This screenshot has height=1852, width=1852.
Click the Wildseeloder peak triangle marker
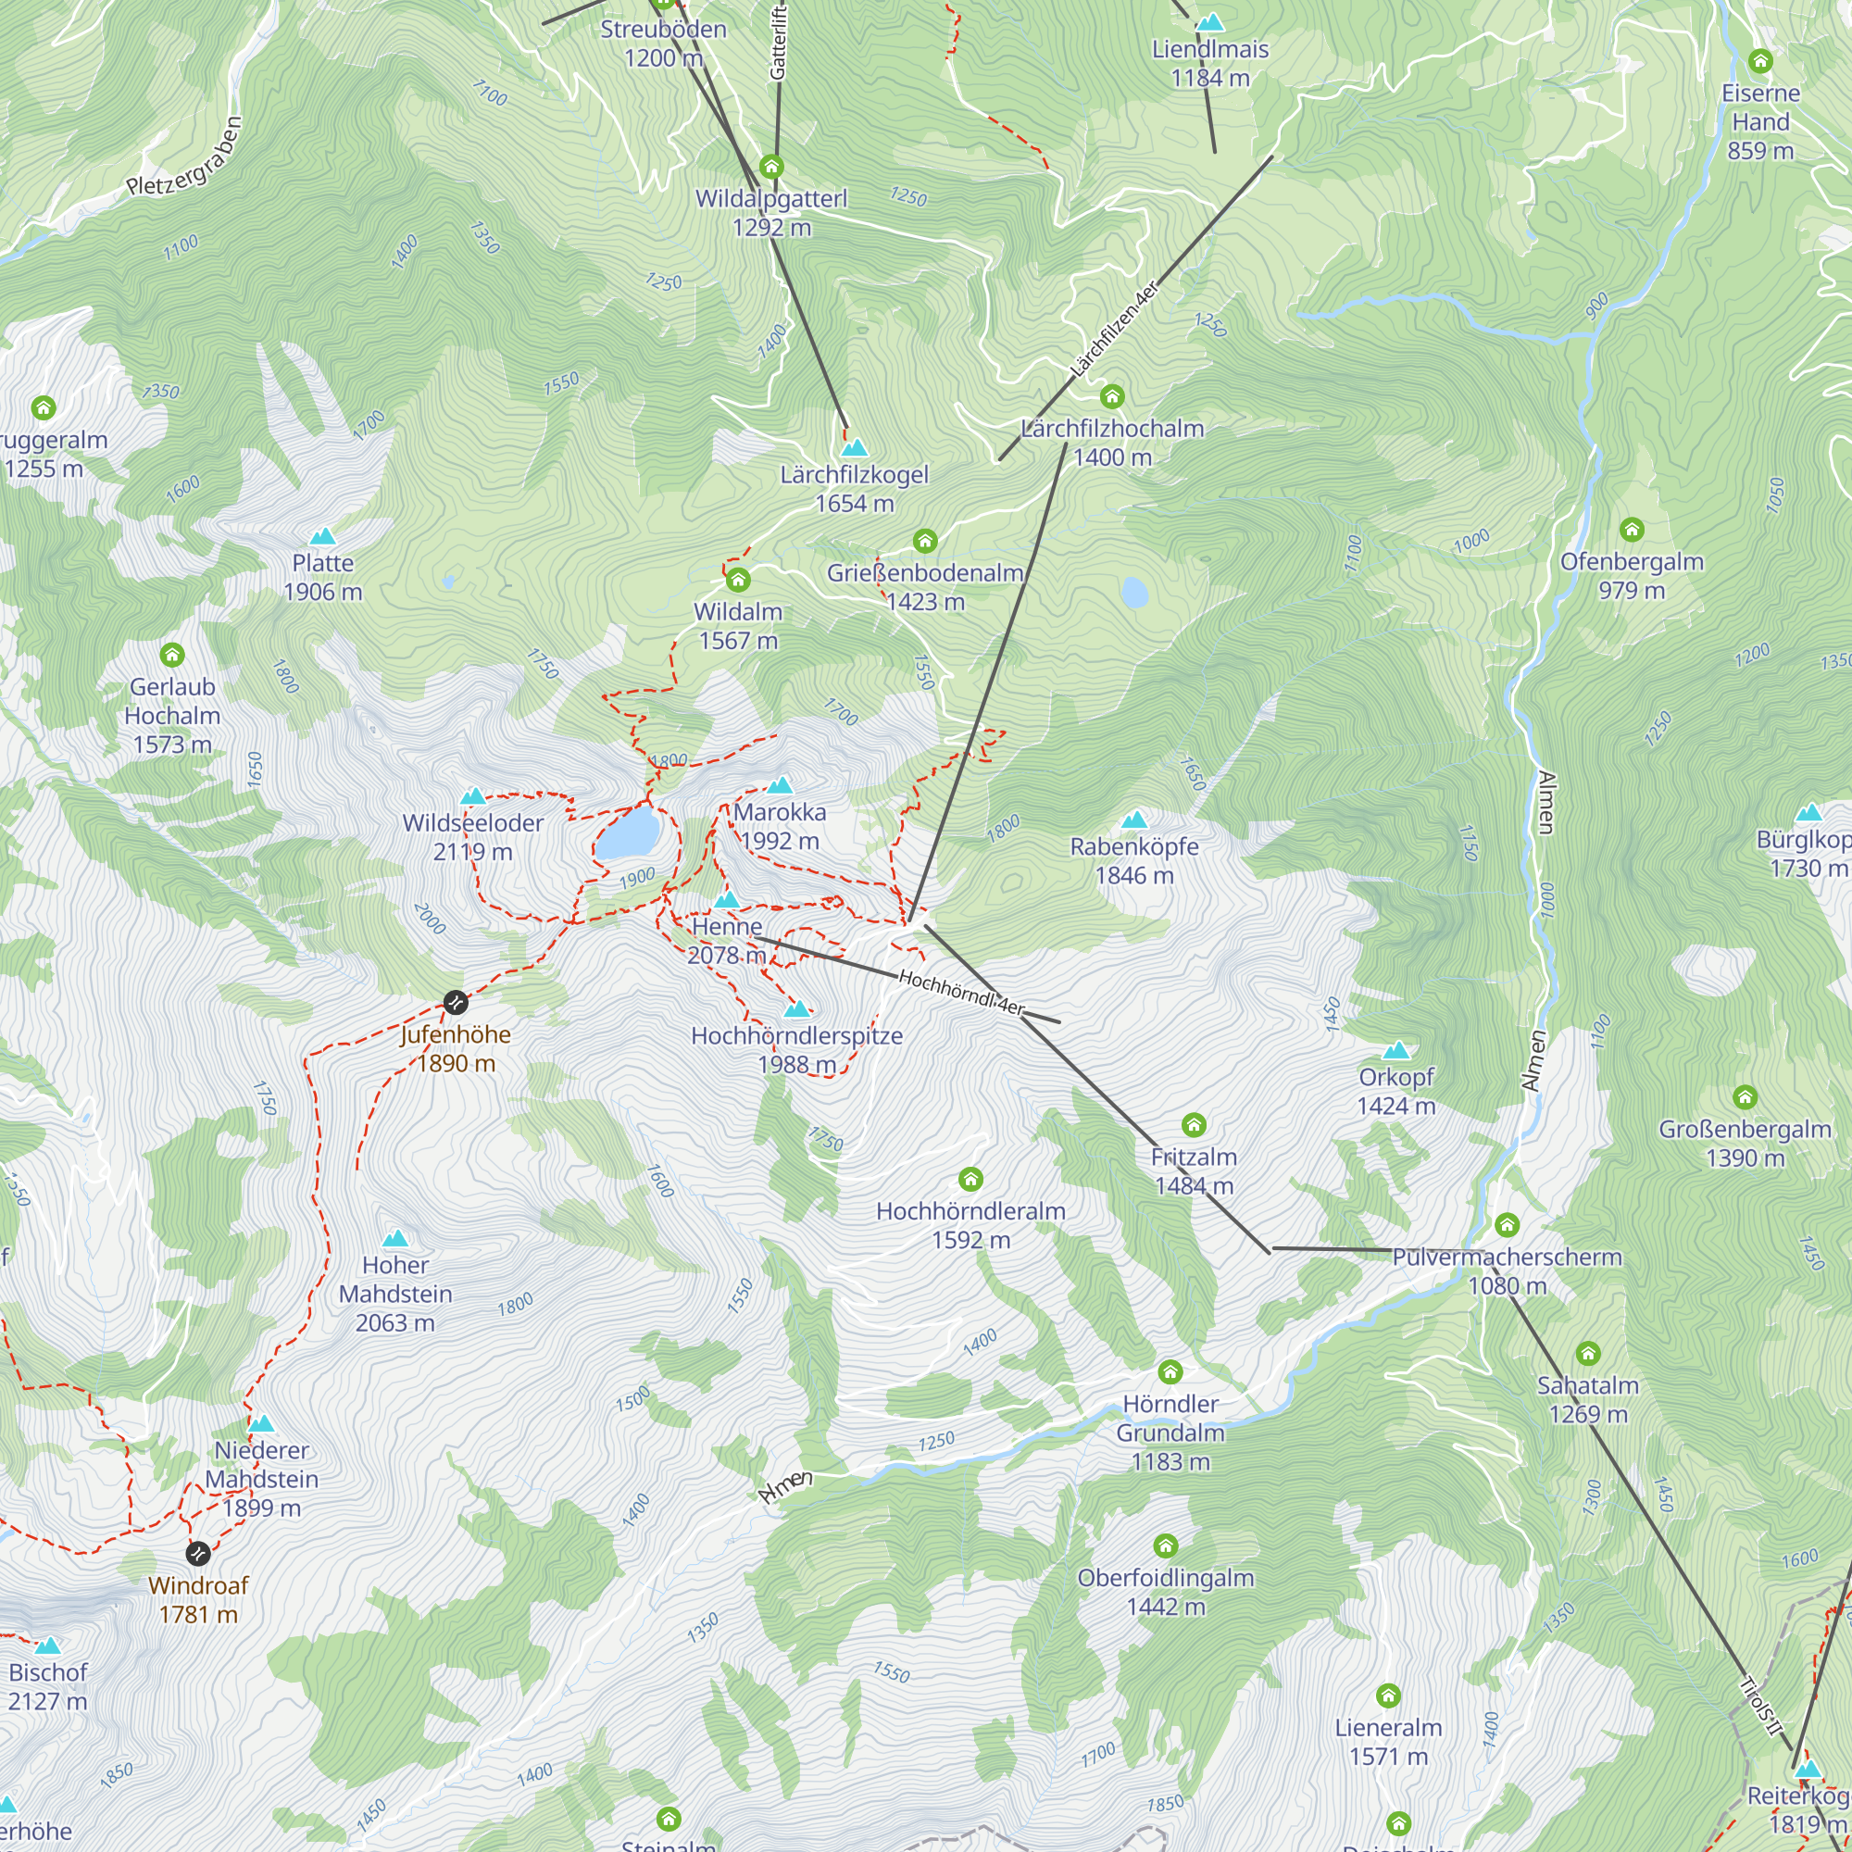(x=472, y=796)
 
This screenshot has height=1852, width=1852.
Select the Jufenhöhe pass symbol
(x=457, y=1003)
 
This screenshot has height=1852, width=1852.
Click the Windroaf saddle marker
(x=197, y=1553)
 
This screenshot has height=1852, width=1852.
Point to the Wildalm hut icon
(x=737, y=580)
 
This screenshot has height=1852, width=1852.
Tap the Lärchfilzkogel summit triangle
(x=854, y=447)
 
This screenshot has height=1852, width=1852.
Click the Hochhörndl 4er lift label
(x=961, y=992)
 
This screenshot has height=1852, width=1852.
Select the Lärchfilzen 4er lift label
(x=1114, y=328)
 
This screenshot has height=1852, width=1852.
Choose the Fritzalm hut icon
(x=1194, y=1124)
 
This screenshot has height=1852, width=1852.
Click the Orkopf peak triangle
(x=1395, y=1051)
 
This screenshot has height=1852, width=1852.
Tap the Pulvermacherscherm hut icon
(x=1507, y=1225)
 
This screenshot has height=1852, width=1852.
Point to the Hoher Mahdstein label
(x=395, y=1295)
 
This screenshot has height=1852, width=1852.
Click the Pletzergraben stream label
(x=185, y=156)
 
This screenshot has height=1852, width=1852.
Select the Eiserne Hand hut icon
(x=1760, y=61)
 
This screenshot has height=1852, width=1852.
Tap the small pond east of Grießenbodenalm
(x=1135, y=593)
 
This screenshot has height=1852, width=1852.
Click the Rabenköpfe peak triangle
(x=1134, y=820)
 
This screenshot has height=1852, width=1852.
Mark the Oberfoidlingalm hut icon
(x=1166, y=1545)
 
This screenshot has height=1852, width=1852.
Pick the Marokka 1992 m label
(x=780, y=826)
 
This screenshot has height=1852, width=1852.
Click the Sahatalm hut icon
(x=1588, y=1354)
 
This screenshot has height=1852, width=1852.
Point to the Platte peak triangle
(x=323, y=537)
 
